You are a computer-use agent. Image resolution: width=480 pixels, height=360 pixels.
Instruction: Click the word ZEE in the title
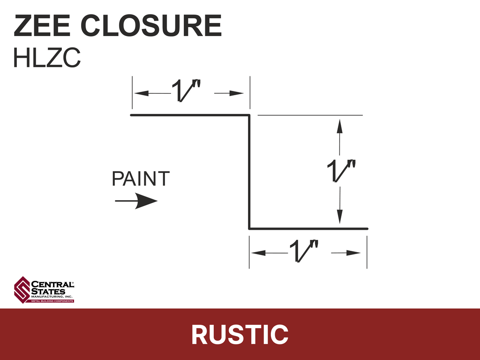42,26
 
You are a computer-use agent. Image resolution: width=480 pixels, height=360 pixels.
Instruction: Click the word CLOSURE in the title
151,26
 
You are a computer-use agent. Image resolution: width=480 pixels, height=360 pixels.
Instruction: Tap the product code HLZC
47,57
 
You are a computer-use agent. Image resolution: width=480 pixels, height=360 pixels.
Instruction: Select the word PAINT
141,179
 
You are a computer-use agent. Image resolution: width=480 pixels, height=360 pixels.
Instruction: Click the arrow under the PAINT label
136,201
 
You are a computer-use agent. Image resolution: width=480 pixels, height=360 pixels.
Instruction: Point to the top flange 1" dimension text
186,90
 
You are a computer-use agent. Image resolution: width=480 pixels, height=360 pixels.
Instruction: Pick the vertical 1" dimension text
341,171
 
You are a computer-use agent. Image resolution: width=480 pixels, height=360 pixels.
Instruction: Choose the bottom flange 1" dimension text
304,251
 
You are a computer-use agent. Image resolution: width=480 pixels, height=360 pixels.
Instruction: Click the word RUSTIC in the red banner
240,335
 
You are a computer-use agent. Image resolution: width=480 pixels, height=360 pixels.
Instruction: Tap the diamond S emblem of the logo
22,290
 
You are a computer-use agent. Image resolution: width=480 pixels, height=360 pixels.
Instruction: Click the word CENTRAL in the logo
52,285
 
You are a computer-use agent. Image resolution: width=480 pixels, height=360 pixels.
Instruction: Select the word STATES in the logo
48,292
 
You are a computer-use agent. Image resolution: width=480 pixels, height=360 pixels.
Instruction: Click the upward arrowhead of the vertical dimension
339,126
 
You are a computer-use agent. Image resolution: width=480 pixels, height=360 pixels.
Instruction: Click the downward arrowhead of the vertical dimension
339,217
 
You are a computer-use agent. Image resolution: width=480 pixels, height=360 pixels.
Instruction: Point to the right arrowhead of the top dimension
236,93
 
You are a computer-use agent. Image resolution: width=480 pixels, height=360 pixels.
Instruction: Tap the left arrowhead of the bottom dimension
258,253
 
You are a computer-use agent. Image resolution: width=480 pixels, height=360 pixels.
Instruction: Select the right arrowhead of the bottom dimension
353,253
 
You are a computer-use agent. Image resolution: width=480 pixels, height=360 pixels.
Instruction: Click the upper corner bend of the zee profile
249,115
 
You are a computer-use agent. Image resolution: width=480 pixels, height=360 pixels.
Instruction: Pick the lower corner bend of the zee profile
249,228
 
